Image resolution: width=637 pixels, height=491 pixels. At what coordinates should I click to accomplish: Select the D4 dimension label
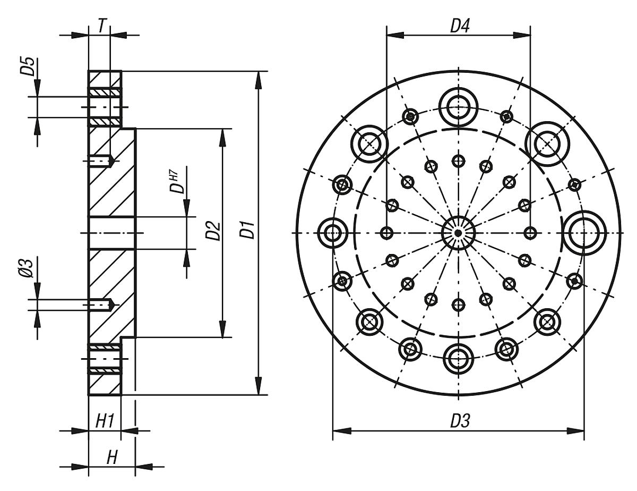tap(460, 26)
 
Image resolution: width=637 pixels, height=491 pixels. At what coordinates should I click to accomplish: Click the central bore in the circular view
tap(458, 233)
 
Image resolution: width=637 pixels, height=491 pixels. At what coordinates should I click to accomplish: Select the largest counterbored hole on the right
tap(585, 233)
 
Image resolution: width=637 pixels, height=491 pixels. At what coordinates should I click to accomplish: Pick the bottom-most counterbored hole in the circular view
tap(458, 359)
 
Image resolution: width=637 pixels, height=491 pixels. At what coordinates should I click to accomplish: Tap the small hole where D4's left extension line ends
tap(386, 233)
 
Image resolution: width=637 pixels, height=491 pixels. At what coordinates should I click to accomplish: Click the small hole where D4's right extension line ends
tap(530, 233)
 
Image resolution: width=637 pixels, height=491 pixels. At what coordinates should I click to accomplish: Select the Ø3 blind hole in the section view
tap(100, 305)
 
